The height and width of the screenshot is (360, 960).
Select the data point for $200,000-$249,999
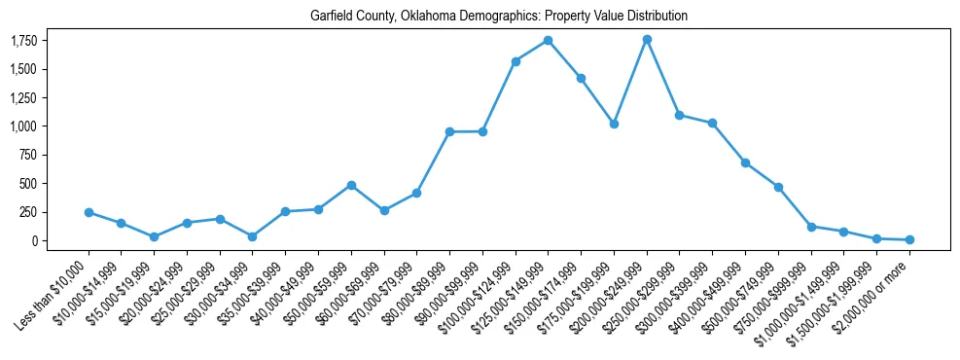[647, 39]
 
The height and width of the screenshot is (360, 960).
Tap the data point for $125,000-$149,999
[549, 40]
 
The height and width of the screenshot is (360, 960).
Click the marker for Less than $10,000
[89, 212]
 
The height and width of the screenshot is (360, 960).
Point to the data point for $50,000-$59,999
[351, 185]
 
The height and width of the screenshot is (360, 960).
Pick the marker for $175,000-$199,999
[614, 124]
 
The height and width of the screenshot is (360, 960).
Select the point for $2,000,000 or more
[909, 239]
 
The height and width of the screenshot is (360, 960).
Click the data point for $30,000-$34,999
[253, 236]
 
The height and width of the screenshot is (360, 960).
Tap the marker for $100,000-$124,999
[516, 61]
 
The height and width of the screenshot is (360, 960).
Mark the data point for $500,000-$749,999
[778, 187]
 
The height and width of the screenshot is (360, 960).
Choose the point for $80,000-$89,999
[449, 131]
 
